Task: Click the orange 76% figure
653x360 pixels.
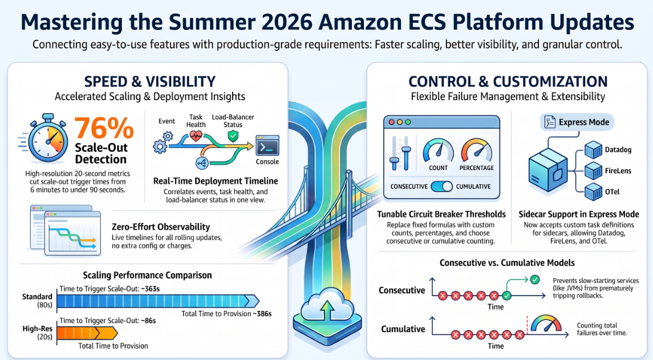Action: point(104,128)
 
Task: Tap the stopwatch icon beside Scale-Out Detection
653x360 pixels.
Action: point(48,138)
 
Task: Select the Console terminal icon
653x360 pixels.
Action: point(267,146)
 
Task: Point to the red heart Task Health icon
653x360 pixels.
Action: point(196,135)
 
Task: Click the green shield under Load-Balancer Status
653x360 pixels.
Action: point(233,136)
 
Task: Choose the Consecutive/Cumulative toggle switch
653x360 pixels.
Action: point(441,186)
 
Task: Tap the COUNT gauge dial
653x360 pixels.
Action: point(438,151)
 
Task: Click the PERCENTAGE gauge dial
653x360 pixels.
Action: point(476,151)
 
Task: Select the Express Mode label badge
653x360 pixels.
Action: point(577,122)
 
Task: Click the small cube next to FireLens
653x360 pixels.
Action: point(593,171)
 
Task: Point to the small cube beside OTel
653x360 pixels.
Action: point(593,192)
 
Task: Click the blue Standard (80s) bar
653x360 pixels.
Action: point(158,301)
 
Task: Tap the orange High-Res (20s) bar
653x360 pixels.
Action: point(87,333)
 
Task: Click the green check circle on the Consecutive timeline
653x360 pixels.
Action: point(507,296)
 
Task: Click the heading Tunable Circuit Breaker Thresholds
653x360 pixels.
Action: point(441,214)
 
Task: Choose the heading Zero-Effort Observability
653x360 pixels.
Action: point(161,226)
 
